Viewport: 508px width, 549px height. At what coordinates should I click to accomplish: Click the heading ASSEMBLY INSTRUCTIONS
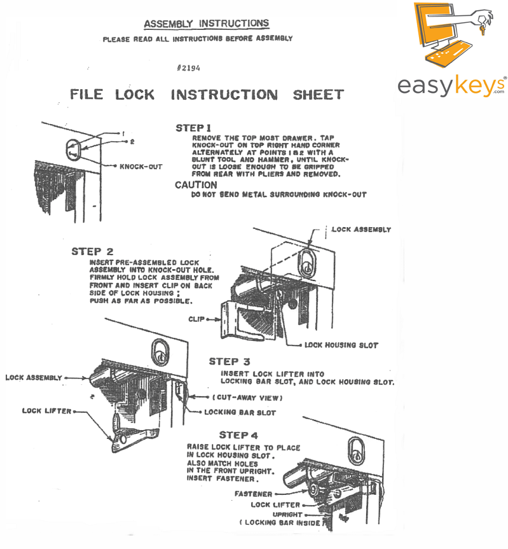point(206,24)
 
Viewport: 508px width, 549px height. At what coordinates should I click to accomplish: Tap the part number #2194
point(191,67)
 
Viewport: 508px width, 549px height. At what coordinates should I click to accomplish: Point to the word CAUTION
point(196,185)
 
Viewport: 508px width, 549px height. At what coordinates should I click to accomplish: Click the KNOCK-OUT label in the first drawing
point(141,167)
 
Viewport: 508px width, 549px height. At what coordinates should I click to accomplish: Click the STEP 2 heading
point(92,251)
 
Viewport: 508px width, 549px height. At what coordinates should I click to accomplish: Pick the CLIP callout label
point(196,317)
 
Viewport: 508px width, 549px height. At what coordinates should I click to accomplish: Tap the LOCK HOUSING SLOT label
point(341,345)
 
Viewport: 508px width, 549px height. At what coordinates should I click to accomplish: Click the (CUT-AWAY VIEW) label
point(247,398)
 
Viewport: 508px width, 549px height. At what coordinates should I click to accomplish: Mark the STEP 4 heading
point(241,435)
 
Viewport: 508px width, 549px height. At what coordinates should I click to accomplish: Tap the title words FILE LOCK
point(112,95)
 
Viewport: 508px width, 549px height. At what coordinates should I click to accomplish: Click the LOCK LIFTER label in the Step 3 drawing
point(47,411)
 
